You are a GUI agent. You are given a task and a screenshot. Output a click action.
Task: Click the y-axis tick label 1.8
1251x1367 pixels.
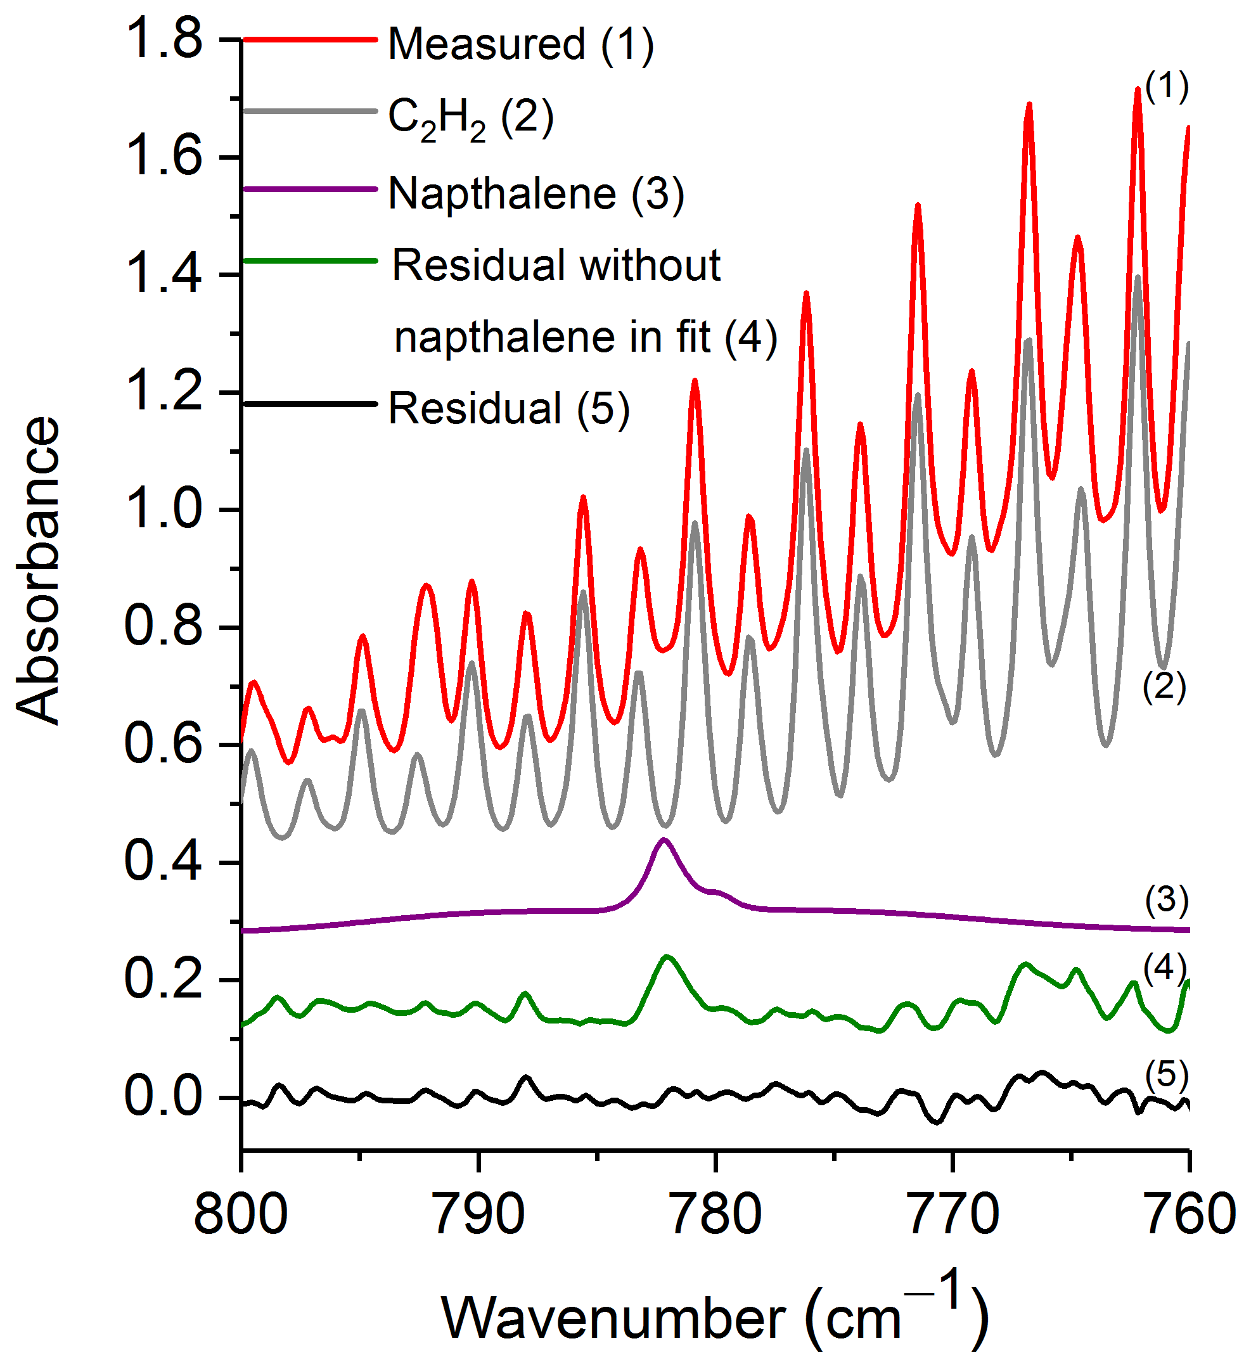pos(164,39)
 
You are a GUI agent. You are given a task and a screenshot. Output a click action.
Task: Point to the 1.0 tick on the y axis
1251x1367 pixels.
pos(164,510)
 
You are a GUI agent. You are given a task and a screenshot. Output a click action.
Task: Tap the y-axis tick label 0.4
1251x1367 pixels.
pos(164,862)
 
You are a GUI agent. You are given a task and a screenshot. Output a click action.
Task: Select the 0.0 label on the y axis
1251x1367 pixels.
pos(164,1097)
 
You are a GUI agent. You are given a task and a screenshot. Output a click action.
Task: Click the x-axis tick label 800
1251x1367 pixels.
pos(241,1215)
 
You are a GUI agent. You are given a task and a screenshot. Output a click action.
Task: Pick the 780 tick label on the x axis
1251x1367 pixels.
pos(715,1215)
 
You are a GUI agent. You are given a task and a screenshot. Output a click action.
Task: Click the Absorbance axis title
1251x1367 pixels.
pos(38,570)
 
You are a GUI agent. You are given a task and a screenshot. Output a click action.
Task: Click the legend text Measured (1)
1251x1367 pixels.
pos(521,45)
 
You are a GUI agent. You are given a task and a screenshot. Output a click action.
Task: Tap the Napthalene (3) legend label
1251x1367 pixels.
pos(536,194)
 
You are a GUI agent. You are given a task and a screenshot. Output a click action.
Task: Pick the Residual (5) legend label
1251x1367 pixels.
pos(508,409)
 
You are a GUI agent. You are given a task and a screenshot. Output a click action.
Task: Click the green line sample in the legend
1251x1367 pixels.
pos(309,261)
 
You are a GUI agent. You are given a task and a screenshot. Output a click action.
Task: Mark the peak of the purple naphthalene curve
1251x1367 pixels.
pos(664,840)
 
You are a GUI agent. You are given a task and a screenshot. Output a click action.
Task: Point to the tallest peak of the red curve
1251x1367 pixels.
pos(1138,88)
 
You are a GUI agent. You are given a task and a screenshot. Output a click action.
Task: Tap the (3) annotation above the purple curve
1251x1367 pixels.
pos(1166,900)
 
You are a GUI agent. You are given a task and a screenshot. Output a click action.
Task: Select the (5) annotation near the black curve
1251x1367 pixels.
pos(1166,1075)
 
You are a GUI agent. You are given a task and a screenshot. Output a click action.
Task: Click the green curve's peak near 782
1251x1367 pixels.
pos(668,957)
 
